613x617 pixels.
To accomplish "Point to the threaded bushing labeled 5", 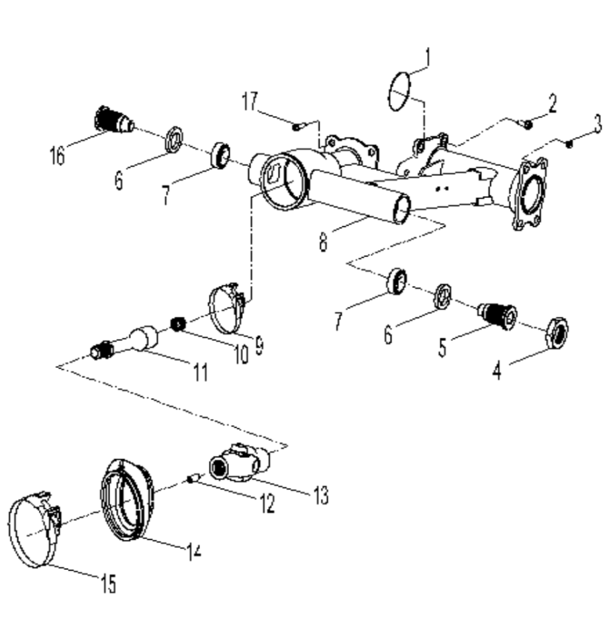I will [497, 314].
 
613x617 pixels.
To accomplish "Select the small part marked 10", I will [179, 325].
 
